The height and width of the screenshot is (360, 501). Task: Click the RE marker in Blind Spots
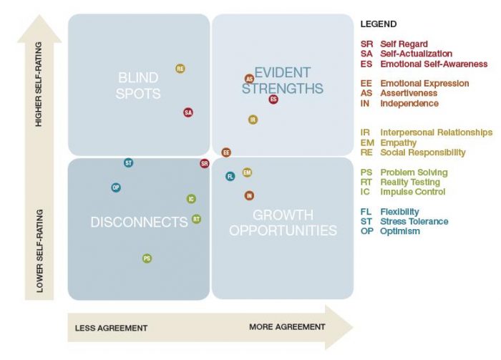180,69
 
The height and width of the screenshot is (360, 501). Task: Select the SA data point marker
188,112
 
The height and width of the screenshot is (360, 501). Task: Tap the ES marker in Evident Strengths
273,99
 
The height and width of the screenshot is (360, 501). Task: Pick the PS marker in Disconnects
147,258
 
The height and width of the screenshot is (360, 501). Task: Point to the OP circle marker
116,188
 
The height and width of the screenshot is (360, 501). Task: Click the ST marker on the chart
128,163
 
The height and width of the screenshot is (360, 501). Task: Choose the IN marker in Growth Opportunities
249,195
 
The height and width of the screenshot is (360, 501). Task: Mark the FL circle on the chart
230,176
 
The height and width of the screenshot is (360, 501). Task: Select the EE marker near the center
226,152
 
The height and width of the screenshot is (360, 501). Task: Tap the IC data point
191,199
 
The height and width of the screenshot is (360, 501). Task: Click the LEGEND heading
379,24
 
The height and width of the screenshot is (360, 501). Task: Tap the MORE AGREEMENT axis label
287,327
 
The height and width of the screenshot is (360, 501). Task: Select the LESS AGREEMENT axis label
111,328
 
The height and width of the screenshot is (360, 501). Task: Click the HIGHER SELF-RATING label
39,84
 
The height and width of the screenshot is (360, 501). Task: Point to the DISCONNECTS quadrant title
140,222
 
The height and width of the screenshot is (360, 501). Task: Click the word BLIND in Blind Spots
138,77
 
